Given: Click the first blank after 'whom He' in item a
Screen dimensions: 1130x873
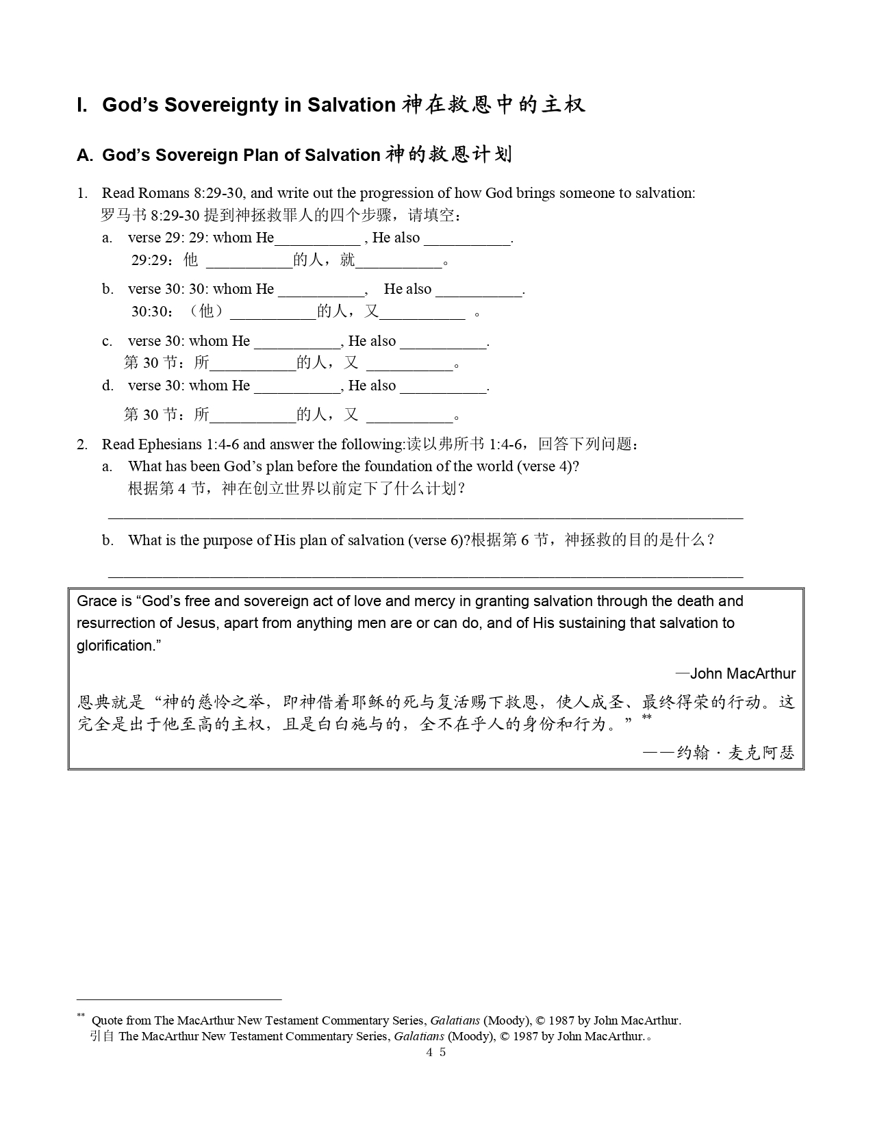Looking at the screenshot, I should [x=317, y=240].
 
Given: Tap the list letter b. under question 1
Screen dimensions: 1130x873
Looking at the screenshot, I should [x=107, y=289].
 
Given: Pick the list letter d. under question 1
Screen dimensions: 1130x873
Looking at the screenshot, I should [x=107, y=386].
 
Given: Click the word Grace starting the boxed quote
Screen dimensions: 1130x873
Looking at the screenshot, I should [x=97, y=601].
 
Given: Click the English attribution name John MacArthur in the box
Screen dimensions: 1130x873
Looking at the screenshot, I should [x=742, y=674].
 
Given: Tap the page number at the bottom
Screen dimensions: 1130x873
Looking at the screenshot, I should [x=436, y=1052].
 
